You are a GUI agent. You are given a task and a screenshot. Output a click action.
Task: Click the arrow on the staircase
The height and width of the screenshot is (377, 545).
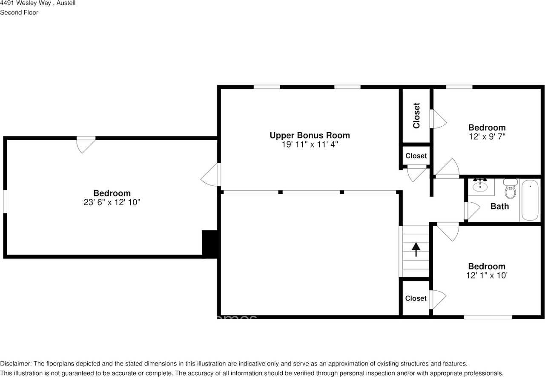click(416, 249)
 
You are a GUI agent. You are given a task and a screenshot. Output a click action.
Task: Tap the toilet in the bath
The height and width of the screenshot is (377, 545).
click(510, 189)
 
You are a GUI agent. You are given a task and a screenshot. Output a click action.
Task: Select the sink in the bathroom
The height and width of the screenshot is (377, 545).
click(480, 186)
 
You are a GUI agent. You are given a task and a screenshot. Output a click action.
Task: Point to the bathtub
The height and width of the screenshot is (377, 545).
click(530, 200)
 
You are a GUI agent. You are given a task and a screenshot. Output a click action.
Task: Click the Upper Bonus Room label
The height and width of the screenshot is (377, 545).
click(310, 135)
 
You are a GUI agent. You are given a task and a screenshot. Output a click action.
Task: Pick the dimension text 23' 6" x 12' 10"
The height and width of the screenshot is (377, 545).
click(112, 202)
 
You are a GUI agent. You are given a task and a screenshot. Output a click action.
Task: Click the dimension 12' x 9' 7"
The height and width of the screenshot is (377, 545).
click(487, 136)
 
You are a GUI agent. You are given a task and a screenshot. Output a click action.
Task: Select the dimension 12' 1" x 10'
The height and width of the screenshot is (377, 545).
click(487, 275)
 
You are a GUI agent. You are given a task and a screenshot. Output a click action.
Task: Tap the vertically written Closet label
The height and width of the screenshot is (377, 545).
click(416, 115)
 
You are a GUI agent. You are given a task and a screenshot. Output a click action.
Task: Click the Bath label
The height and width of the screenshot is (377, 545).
click(499, 206)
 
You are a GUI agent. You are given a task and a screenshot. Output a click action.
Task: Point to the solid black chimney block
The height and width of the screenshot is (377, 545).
click(209, 244)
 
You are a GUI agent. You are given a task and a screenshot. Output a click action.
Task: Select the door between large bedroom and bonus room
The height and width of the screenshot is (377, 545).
click(211, 174)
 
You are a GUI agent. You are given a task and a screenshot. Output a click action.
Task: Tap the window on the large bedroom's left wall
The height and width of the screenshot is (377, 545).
click(5, 201)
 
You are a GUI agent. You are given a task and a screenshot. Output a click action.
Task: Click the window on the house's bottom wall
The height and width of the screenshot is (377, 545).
click(488, 317)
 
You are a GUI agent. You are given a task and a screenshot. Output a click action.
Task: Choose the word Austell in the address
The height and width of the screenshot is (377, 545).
click(66, 3)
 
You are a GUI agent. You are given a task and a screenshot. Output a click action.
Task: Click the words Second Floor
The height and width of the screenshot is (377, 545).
click(19, 12)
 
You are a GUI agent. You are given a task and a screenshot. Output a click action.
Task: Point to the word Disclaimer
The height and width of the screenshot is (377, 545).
click(16, 363)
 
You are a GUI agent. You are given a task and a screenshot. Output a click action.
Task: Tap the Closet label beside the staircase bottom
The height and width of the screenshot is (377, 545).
click(416, 298)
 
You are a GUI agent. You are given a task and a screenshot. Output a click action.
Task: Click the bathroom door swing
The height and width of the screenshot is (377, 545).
click(472, 211)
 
